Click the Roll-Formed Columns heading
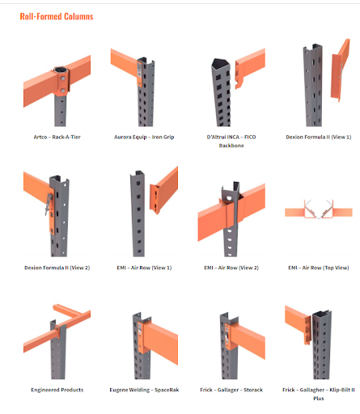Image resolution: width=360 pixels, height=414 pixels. coord(57,16)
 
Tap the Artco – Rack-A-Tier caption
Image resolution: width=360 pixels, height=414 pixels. coord(57,137)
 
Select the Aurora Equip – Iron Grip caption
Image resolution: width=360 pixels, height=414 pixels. coord(144,137)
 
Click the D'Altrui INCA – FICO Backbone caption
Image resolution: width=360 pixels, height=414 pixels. coord(231,142)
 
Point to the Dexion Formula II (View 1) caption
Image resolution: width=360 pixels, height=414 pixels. coord(319,137)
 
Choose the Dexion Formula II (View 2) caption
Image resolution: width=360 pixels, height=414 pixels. coord(57,268)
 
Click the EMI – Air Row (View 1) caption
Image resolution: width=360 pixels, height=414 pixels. coord(144,268)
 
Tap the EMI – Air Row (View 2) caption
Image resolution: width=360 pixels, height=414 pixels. coord(231,268)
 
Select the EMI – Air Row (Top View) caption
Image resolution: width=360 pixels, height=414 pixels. coord(319,268)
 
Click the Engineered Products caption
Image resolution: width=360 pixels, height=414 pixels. coord(57,390)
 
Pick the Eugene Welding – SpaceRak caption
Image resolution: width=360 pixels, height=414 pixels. coord(144,390)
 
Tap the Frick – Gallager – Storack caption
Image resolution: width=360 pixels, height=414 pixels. coord(231,390)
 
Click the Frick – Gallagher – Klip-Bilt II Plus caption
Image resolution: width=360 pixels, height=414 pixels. coord(319,394)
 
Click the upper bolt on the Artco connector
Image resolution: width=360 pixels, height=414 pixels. coord(63,78)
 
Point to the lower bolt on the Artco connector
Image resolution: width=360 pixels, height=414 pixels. coord(62,91)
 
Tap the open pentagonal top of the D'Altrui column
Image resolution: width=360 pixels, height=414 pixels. coord(220,63)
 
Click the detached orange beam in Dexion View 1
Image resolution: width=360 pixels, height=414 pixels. coord(341,70)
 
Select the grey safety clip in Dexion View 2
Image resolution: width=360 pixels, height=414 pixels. coord(49,205)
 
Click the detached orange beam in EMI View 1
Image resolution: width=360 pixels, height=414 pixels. coord(163,190)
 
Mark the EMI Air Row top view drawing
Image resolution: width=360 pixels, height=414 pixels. coord(319,209)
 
